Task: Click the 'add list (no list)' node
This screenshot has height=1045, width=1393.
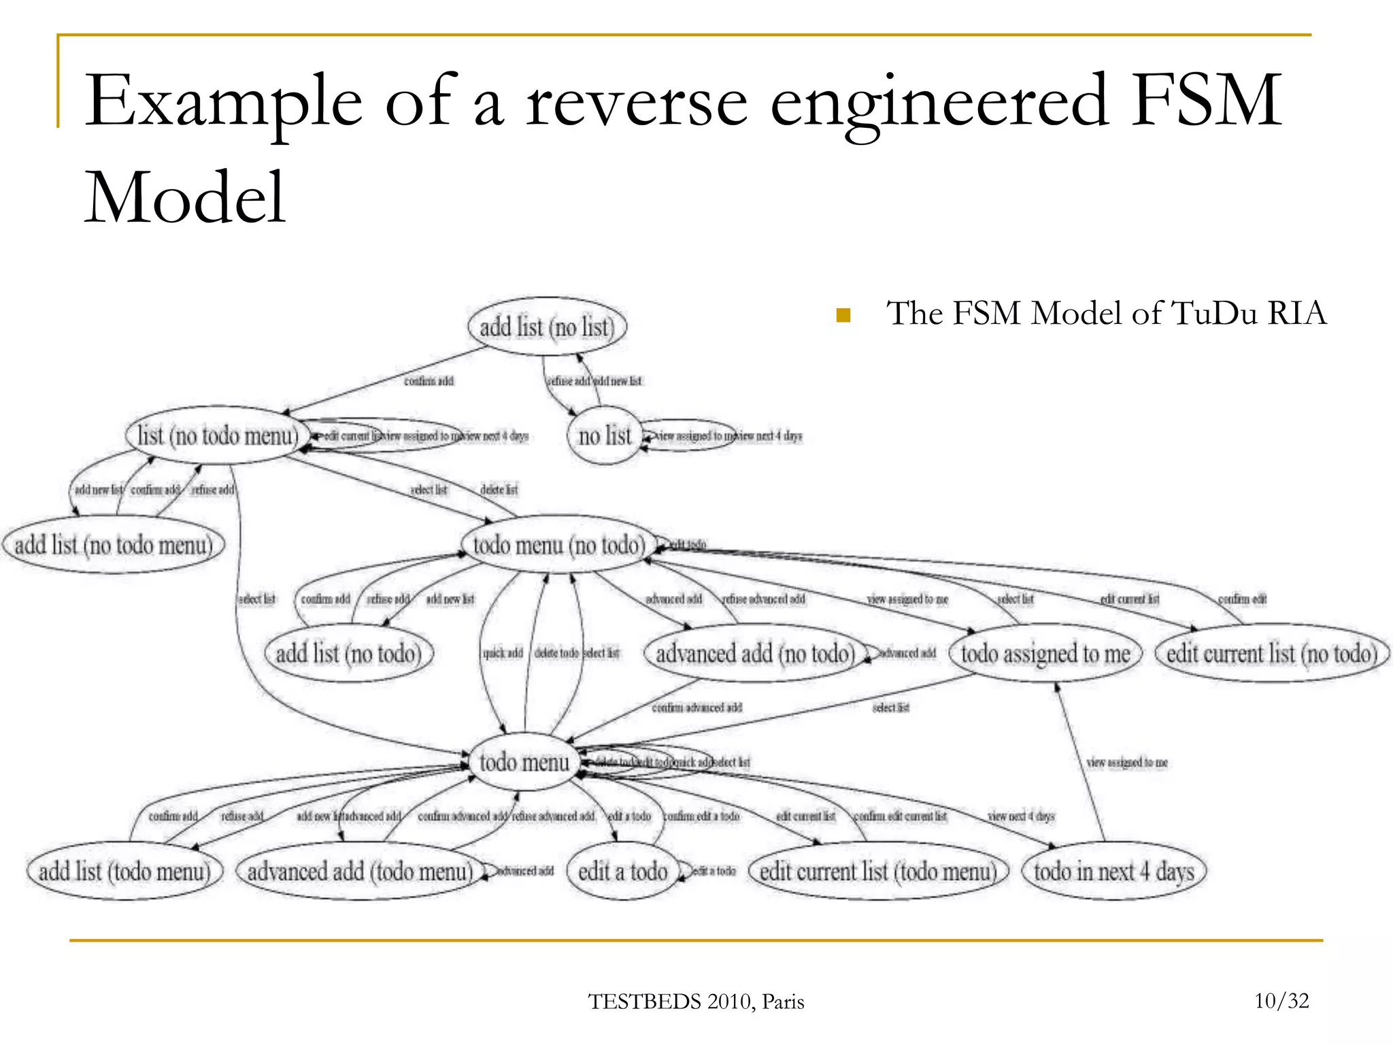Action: click(547, 327)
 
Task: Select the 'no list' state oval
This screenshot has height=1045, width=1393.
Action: click(604, 435)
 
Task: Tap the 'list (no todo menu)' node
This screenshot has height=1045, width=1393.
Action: click(217, 435)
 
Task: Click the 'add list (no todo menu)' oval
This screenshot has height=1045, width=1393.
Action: click(114, 545)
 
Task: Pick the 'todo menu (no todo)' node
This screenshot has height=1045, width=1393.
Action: click(558, 545)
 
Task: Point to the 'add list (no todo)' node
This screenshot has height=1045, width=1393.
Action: click(348, 654)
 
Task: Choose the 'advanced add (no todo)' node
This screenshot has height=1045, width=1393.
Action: click(754, 654)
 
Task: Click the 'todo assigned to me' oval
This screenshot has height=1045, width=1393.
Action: click(1045, 654)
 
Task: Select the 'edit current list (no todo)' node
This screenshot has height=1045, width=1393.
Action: click(1271, 654)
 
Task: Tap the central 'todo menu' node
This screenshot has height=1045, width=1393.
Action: click(524, 762)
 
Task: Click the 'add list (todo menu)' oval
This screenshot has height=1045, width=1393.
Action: click(124, 872)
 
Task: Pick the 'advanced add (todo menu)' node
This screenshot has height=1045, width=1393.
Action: click(360, 872)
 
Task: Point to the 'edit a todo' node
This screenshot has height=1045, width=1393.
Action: click(622, 872)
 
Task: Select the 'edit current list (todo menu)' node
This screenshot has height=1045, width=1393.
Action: click(877, 872)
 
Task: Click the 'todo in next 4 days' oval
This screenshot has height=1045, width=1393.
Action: click(1113, 872)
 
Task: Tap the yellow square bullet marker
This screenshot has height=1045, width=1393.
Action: click(843, 315)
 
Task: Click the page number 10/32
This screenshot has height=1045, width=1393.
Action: click(1281, 1001)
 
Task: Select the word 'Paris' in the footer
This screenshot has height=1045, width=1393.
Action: click(783, 1002)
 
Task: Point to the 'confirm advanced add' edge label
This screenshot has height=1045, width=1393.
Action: click(696, 708)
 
